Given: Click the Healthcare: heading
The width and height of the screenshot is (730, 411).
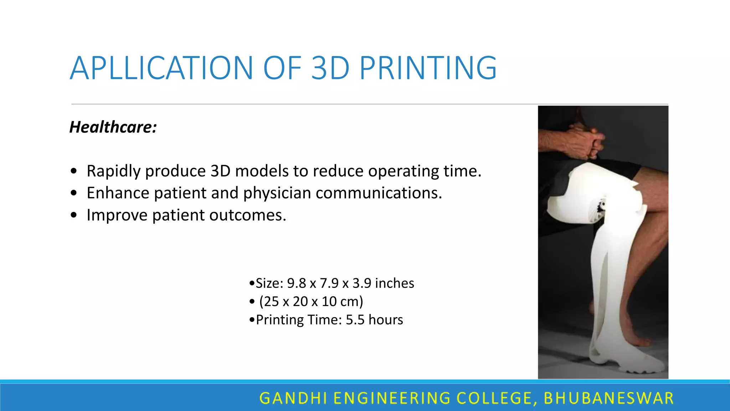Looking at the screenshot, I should (x=113, y=127).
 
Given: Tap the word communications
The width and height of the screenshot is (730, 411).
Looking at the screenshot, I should (x=379, y=193).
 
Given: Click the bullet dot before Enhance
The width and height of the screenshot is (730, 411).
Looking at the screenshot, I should (x=74, y=193).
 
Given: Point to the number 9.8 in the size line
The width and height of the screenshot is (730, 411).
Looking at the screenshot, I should (x=297, y=283).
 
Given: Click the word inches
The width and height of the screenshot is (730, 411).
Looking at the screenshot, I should (x=395, y=283).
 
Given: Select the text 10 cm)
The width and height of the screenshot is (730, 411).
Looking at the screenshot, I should (x=342, y=301).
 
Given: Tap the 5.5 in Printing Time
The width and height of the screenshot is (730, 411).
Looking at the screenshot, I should (x=355, y=320).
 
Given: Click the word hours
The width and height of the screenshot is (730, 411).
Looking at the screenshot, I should (x=386, y=320).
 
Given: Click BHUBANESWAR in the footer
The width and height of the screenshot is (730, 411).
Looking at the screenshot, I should (x=608, y=398).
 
